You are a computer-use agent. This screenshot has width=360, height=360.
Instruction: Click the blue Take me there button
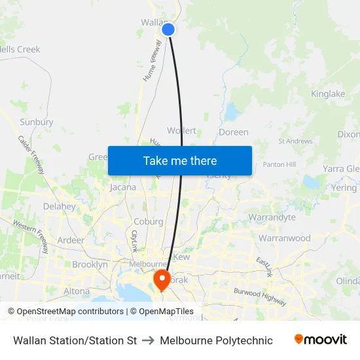point(179,160)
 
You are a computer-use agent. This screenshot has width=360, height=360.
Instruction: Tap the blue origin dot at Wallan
point(168,29)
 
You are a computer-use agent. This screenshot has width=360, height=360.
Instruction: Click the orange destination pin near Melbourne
point(162,280)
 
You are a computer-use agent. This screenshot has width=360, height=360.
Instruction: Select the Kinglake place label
point(328,94)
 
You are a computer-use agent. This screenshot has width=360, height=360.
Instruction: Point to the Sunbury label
point(37,122)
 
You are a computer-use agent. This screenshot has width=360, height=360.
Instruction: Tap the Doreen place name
point(234,132)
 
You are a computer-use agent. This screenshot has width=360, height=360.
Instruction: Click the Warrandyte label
point(272,217)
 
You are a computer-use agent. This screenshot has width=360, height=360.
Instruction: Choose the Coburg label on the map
point(148,222)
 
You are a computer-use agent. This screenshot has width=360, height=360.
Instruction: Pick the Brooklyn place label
point(90,264)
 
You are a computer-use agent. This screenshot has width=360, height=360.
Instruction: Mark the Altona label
point(77,291)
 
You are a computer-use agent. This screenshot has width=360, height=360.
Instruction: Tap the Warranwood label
point(285,238)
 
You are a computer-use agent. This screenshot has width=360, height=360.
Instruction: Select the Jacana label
point(123,187)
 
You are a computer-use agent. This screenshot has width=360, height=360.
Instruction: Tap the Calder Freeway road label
point(31,154)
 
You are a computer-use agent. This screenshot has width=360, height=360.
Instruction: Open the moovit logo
point(321,340)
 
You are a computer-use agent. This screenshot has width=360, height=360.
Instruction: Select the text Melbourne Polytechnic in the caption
point(216,340)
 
